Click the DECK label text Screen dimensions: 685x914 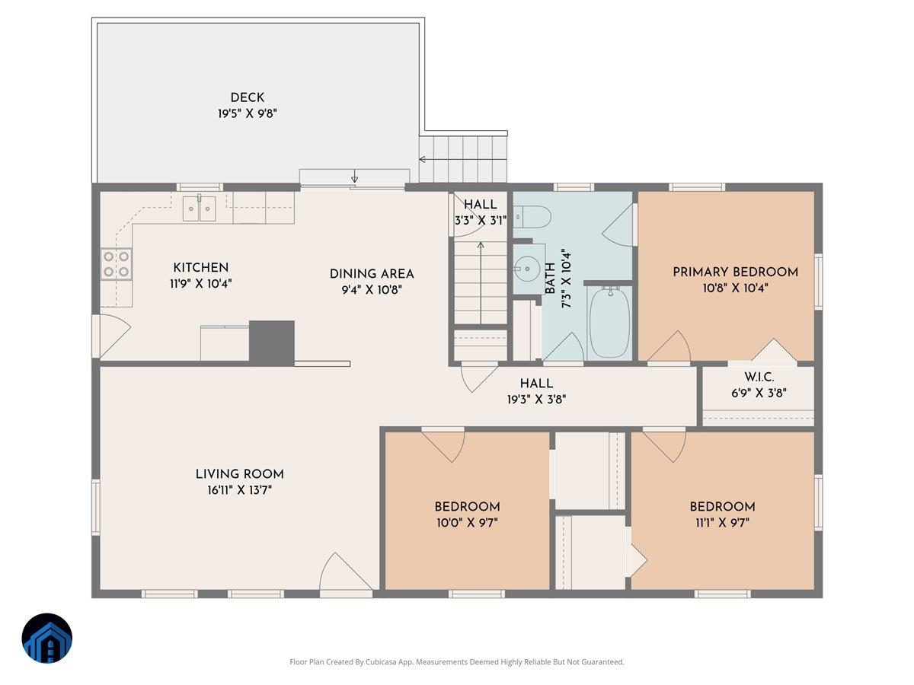click(248, 97)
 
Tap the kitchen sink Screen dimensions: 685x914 click(200, 208)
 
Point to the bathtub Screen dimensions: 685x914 click(609, 323)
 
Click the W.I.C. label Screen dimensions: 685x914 click(759, 378)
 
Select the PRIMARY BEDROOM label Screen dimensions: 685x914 click(735, 272)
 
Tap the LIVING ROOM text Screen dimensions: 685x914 click(239, 474)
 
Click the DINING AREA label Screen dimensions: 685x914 click(372, 274)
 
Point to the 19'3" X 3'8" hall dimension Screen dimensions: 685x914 click(536, 399)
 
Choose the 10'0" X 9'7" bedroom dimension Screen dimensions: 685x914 click(467, 523)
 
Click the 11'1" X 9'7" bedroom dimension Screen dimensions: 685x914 click(722, 523)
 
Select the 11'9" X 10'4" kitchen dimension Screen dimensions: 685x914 click(200, 283)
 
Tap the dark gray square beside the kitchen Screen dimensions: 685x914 click(272, 340)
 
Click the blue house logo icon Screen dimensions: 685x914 click(46, 639)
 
